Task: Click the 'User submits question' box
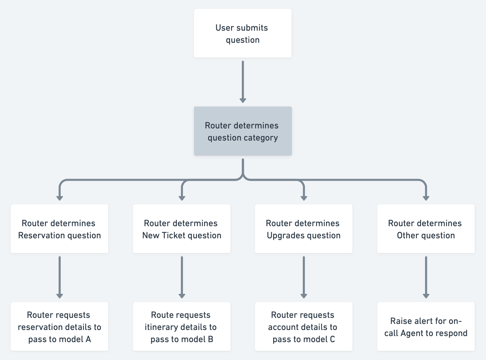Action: (x=243, y=33)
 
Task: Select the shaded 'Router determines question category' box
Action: (x=243, y=131)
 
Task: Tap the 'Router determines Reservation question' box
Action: (x=60, y=229)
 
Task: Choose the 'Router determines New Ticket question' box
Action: (x=182, y=229)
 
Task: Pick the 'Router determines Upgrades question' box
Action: (x=304, y=229)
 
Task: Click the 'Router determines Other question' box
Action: (x=426, y=229)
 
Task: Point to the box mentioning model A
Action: (x=60, y=327)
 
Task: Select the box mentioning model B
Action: (x=182, y=327)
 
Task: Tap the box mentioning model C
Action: (x=304, y=327)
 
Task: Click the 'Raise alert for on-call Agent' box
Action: (x=426, y=327)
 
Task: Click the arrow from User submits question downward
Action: (x=243, y=82)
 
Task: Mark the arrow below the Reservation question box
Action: (x=60, y=277)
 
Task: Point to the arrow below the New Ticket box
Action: (x=182, y=277)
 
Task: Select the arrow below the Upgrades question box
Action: (x=304, y=277)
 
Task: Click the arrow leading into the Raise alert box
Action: (x=426, y=277)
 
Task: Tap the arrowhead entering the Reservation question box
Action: (x=60, y=198)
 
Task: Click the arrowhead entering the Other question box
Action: (x=426, y=198)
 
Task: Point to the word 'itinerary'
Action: (x=162, y=327)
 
